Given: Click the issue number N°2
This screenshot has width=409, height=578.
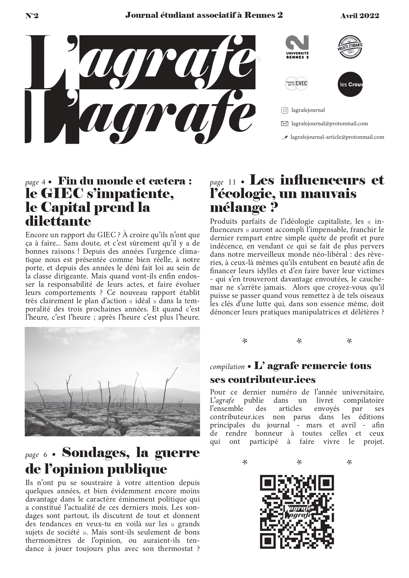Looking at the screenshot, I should coord(32,15).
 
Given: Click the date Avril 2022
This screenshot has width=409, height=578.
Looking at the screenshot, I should coord(360,15).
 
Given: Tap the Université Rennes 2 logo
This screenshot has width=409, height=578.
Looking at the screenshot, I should coord(297,47).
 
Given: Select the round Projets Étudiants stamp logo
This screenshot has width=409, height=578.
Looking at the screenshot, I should coord(350,47).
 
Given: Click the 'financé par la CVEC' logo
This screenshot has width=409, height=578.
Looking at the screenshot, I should coord(296,84).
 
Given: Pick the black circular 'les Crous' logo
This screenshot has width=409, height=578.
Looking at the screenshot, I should coord(351,84).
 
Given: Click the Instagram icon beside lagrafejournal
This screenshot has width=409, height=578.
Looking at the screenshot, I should coord(285,110).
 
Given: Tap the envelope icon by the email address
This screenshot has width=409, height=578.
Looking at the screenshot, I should coord(284,124).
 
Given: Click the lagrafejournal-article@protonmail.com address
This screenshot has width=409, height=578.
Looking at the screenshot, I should coord(337,137).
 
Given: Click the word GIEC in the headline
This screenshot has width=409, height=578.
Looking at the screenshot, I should coord(59,194).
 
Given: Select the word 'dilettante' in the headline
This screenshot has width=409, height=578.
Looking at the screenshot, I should coord(58,221).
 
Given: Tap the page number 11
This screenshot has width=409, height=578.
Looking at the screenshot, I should coord(232,182).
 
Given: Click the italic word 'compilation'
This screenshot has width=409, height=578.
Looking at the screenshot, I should coord(227,367).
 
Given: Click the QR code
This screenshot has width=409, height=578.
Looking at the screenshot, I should coord(297,512).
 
